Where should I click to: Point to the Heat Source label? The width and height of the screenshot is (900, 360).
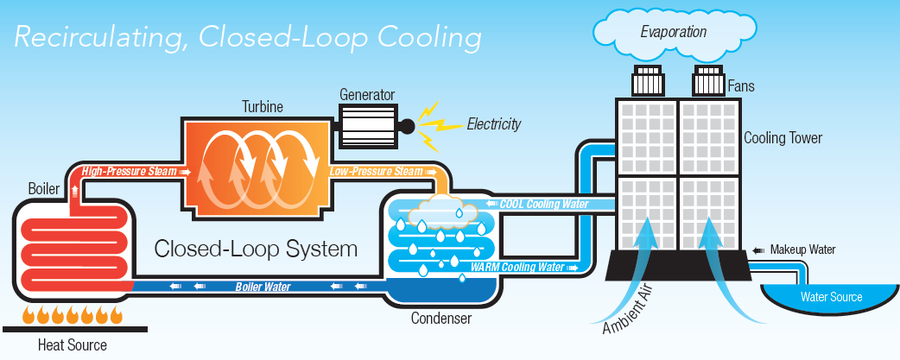point(73,345)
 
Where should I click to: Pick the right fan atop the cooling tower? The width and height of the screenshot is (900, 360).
point(708,81)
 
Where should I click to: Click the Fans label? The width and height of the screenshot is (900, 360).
point(742,86)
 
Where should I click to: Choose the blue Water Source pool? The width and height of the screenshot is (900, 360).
point(830,299)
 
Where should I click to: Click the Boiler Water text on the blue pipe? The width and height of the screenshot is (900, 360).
point(263,286)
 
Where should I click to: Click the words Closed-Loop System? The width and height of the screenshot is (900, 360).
point(255,250)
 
